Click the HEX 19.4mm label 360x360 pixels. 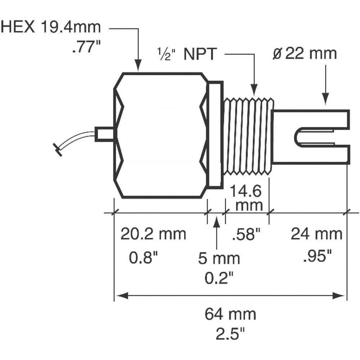coord(50,27)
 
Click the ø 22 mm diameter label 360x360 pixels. coord(305,54)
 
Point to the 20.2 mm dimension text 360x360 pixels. coord(153,234)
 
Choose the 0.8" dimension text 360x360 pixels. coord(143,257)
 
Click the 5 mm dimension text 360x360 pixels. coord(219,258)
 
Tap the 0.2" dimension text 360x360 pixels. coord(219,278)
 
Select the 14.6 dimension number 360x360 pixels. coord(246,191)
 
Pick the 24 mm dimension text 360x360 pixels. coord(316,234)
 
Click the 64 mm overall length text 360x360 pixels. coord(230,314)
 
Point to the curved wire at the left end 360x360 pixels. coord(74,141)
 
